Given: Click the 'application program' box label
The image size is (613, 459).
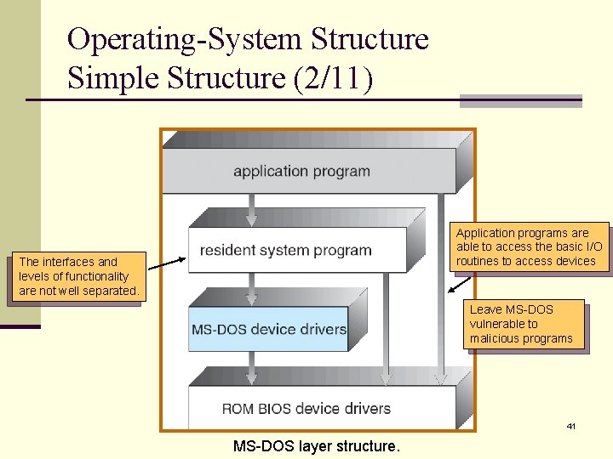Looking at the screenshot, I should point(301,171).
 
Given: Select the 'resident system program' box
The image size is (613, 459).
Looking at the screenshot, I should point(285,251).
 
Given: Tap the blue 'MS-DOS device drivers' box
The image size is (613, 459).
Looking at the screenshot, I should point(268,329).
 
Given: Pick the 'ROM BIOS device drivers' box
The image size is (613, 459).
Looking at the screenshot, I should point(306,409).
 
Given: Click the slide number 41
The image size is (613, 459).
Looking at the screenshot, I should point(571,426).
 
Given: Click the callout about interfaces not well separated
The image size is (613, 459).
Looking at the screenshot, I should point(77,276).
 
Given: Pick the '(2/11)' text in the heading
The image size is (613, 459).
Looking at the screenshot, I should point(331,77).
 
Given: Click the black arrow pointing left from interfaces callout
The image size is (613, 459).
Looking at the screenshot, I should point(167,258).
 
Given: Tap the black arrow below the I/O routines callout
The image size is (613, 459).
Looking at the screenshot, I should point(461,283).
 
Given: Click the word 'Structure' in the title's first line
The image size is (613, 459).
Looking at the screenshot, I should point(370,39).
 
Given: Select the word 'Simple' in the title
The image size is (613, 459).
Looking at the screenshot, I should point(113,77).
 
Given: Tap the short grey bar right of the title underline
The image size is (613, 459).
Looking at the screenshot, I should point(520,101).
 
